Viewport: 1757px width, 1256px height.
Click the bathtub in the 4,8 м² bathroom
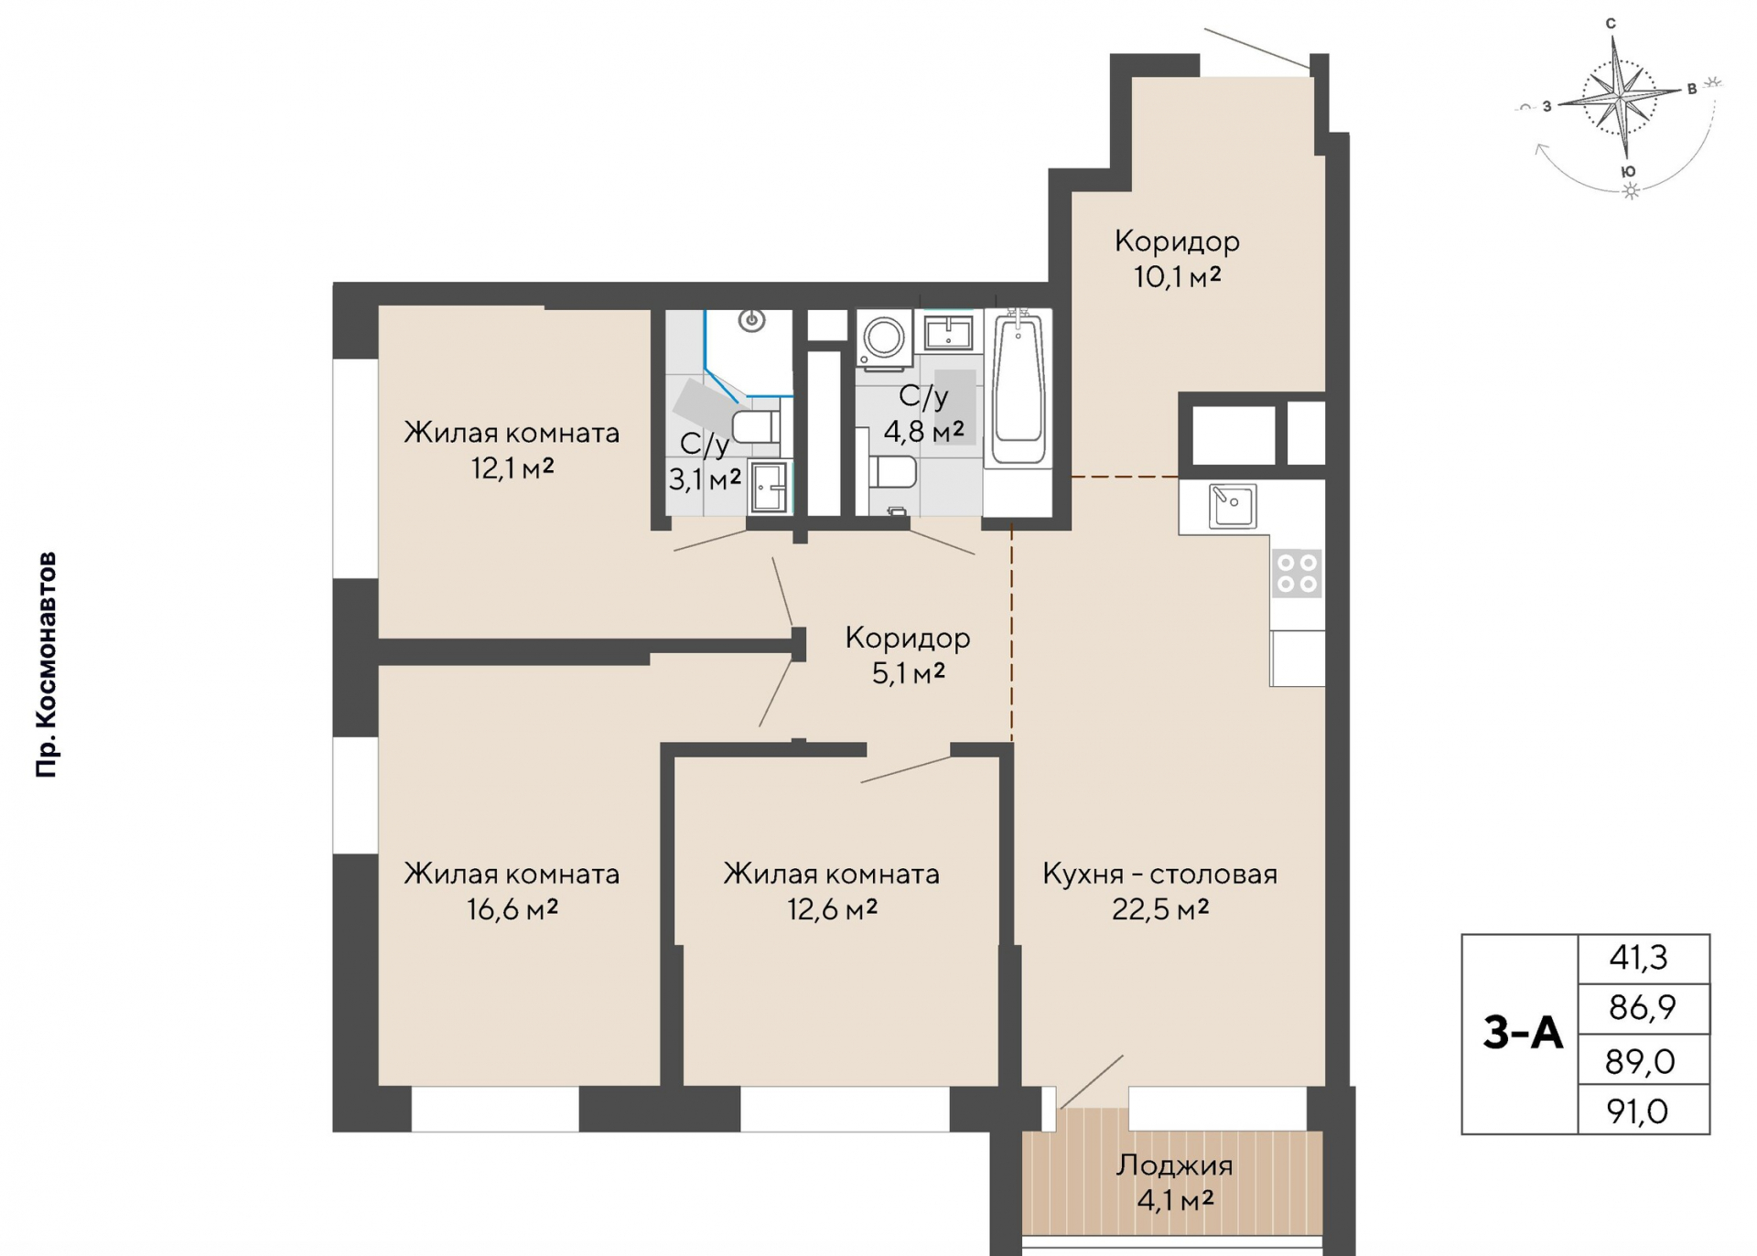[x=1018, y=388]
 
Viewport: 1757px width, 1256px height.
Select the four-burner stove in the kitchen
[x=1297, y=573]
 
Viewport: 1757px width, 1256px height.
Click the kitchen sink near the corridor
[x=1232, y=506]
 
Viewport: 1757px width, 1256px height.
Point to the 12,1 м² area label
[x=512, y=469]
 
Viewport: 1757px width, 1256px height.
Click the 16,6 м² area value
[x=512, y=909]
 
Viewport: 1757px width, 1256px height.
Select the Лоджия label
[x=1174, y=1165]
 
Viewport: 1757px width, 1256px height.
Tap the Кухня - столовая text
[x=1159, y=874]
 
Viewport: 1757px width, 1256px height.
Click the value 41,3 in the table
[x=1638, y=958]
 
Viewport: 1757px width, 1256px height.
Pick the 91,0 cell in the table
[x=1637, y=1111]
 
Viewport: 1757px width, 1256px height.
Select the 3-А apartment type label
[x=1523, y=1033]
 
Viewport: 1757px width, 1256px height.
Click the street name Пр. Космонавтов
[x=47, y=665]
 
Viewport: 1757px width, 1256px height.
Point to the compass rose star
[x=1621, y=95]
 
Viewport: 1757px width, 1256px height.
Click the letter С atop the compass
[x=1611, y=24]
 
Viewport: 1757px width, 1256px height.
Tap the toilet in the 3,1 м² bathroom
[x=756, y=427]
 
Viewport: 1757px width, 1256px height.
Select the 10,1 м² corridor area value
[x=1177, y=276]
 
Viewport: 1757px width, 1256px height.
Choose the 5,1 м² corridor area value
[x=908, y=673]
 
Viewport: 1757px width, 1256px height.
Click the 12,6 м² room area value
[x=832, y=909]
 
